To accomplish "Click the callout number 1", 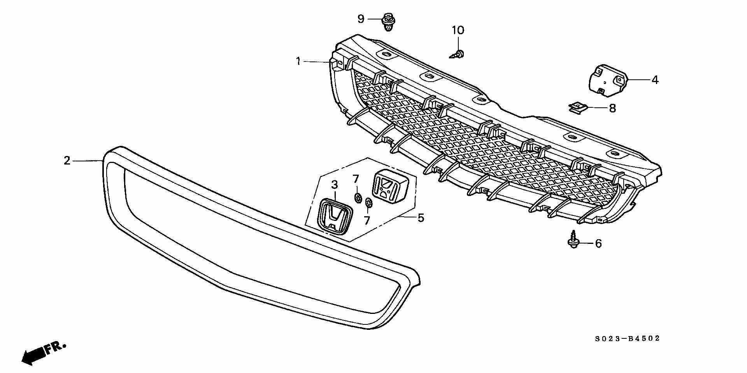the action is tap(298, 61).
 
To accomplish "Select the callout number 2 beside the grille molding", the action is tap(67, 160).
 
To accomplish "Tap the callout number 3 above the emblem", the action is tap(335, 185).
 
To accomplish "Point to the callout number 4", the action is tap(655, 80).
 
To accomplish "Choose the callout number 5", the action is tap(421, 218).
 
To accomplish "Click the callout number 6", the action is tap(598, 243).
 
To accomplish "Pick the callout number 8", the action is tap(612, 108).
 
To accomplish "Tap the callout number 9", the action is tap(361, 18).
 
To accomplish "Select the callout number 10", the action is tap(458, 30).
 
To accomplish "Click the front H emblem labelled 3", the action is tap(335, 218).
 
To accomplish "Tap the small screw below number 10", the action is tap(458, 54).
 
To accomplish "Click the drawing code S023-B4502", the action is tap(627, 339).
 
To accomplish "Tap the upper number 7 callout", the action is tap(355, 179).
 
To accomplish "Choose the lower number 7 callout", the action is tap(366, 221).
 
